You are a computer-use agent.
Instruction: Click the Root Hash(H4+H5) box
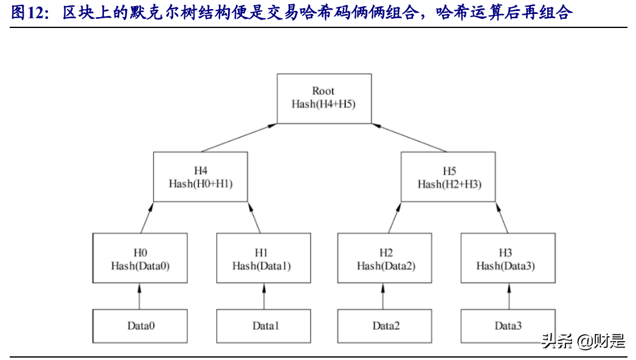323,99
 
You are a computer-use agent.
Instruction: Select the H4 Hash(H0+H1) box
200,176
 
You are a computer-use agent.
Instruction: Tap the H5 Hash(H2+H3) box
449,176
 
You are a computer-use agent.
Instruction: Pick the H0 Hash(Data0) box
139,258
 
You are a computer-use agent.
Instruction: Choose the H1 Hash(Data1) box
263,258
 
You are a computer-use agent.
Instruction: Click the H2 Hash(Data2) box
385,258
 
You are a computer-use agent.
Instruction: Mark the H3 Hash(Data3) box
507,258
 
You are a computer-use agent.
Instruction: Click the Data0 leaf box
139,326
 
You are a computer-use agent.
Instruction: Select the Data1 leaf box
263,326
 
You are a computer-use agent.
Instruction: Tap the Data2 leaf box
385,326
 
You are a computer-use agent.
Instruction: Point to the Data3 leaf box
507,326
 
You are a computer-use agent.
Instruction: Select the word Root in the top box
323,91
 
